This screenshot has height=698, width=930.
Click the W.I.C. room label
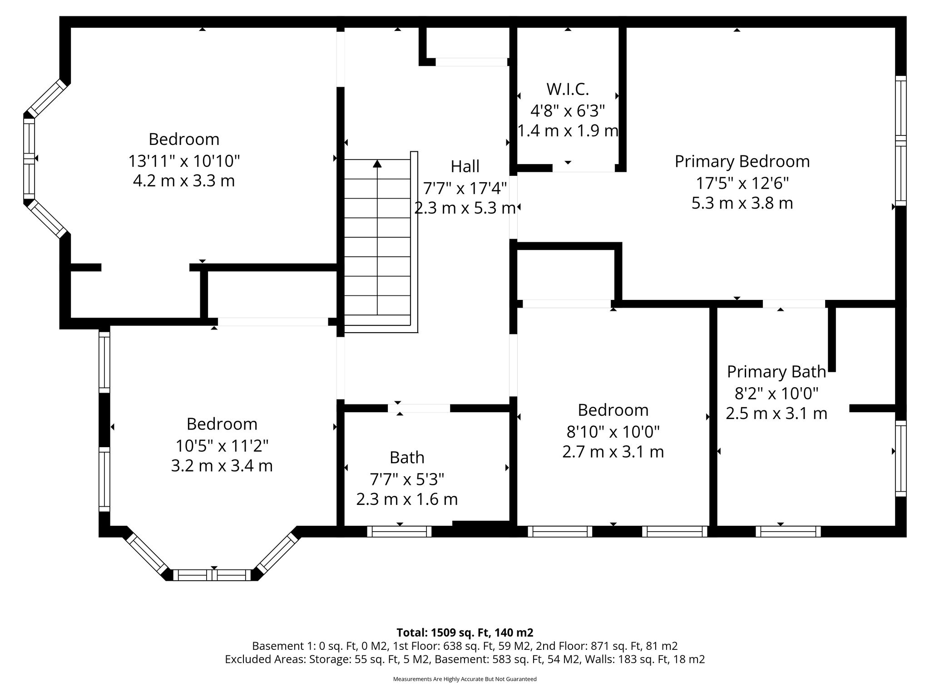tap(568, 90)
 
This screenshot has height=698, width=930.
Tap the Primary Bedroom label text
tap(742, 161)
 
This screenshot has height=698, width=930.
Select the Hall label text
tap(465, 166)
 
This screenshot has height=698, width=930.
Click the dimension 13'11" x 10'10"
tap(184, 160)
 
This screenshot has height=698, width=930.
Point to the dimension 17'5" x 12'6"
tap(742, 183)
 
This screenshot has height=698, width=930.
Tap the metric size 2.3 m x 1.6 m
tap(407, 499)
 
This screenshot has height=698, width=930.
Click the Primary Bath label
tap(776, 372)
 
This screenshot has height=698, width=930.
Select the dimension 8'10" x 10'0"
tap(613, 431)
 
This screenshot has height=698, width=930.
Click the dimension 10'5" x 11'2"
tap(222, 445)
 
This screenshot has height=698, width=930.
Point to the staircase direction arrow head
tap(377, 164)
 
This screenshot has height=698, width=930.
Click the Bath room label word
tap(407, 458)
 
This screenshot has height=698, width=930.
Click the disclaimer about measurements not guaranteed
tap(465, 679)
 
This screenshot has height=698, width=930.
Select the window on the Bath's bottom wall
tap(399, 531)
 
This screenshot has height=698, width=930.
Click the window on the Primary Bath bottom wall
tap(788, 531)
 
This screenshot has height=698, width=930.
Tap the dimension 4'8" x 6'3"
tap(568, 110)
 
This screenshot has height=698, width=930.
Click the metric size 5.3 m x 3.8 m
tap(742, 203)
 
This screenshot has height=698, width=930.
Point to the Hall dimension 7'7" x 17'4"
tap(465, 187)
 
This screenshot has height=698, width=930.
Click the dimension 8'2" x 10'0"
tap(776, 393)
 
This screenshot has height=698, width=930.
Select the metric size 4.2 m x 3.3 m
tap(184, 181)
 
